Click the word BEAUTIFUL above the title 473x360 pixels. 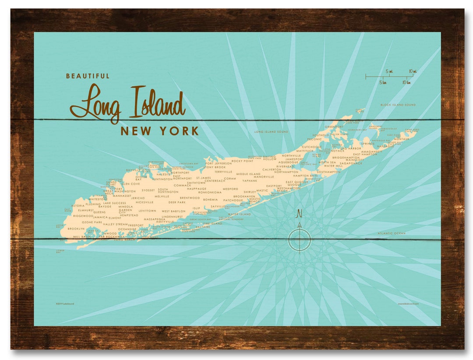point(88,76)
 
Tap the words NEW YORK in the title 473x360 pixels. point(159,131)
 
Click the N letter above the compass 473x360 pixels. point(300,214)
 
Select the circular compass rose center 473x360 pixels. point(300,240)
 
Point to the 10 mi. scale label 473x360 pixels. point(412,71)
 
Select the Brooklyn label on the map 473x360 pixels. point(76,229)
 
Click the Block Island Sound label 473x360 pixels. point(398,105)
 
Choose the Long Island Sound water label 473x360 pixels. point(271,131)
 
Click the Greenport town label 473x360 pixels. point(334,127)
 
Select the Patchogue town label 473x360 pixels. point(233,200)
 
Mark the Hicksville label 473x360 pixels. point(145,202)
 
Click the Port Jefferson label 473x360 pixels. point(219,163)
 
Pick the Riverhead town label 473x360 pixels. point(285,166)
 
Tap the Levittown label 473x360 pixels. point(147,211)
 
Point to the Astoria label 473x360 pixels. point(78,205)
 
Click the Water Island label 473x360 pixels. point(239,214)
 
